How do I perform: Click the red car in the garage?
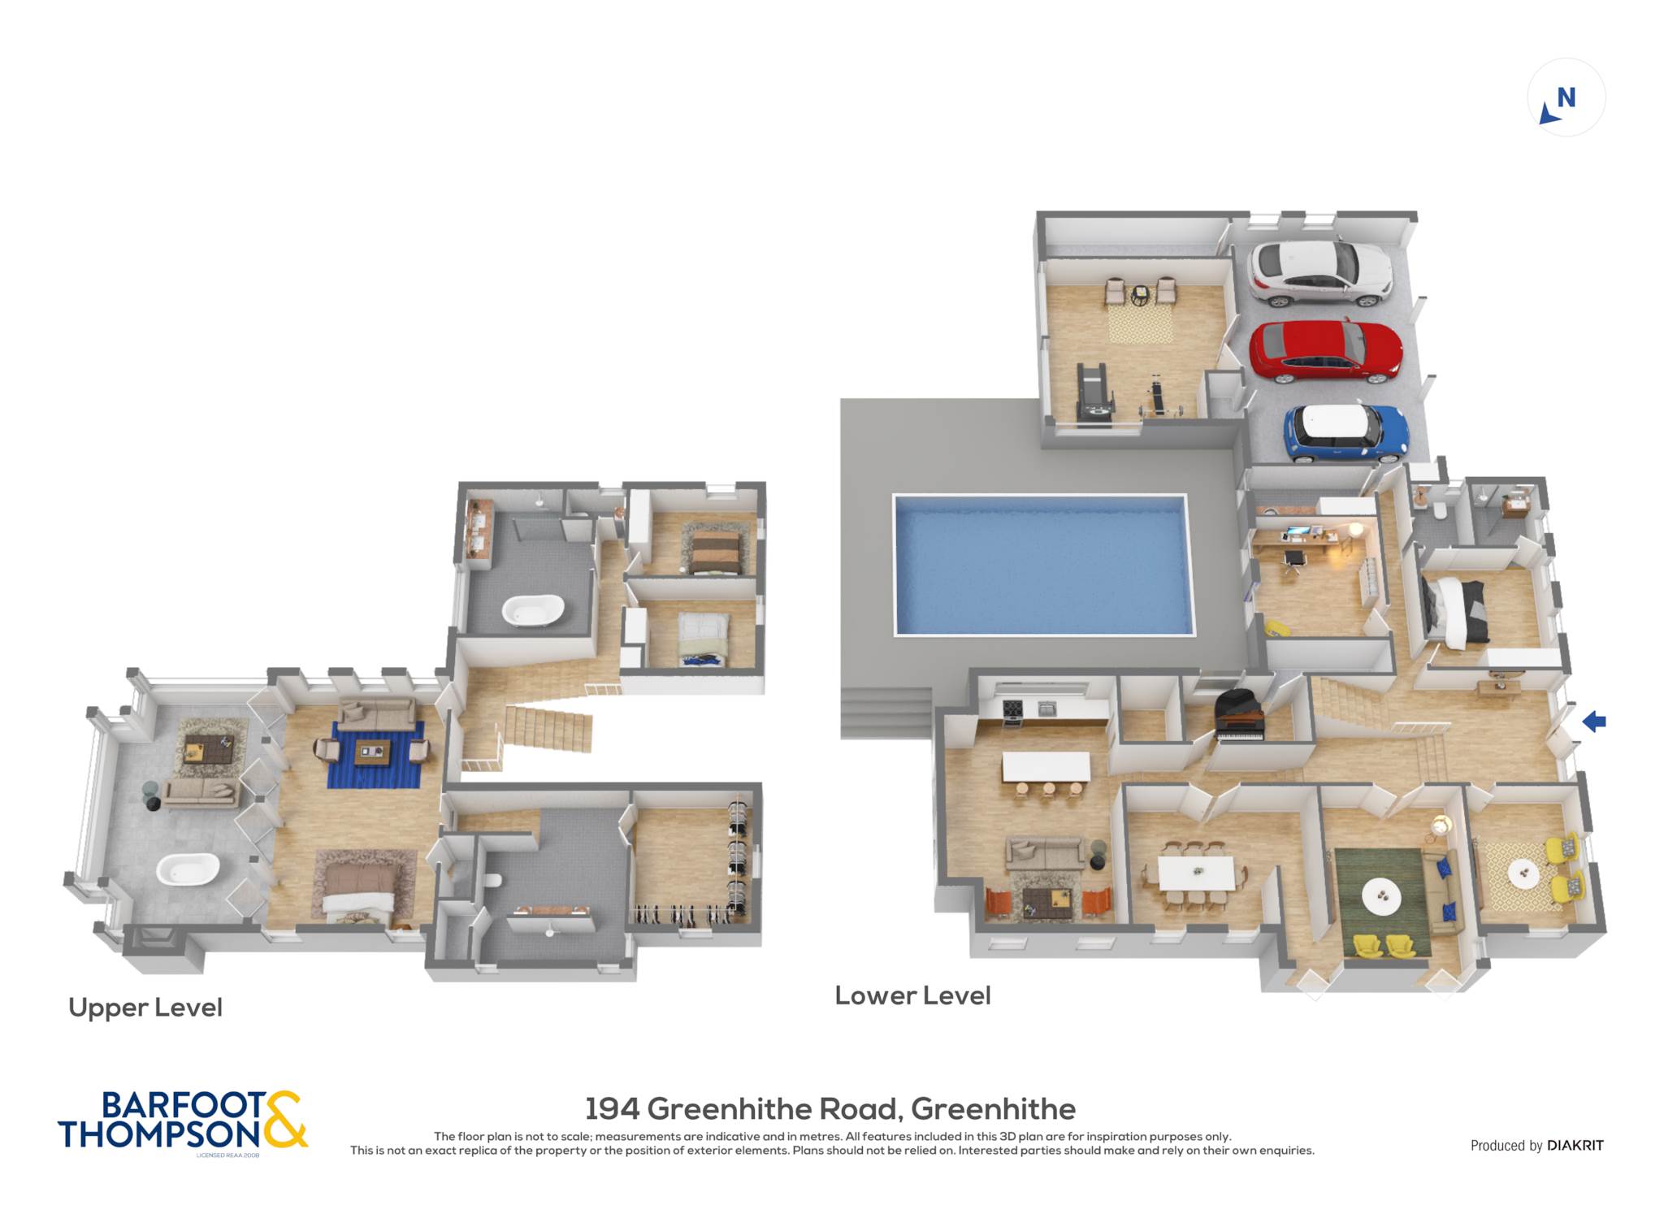(1325, 352)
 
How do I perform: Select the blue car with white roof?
(1346, 433)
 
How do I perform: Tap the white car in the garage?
(1320, 273)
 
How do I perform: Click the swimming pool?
(1044, 565)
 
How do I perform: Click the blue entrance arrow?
(1594, 721)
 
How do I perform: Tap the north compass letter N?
(1566, 98)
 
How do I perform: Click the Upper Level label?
(145, 1008)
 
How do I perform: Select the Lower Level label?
(912, 995)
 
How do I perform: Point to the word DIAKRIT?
(1575, 1145)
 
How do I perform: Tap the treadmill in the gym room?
(1094, 394)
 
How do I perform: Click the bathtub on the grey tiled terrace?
(188, 869)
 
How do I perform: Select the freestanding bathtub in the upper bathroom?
(533, 609)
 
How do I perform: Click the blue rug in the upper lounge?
(375, 755)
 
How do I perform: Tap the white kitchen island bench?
(1046, 766)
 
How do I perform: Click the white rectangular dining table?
(1196, 873)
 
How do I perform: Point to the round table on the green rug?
(1381, 896)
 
